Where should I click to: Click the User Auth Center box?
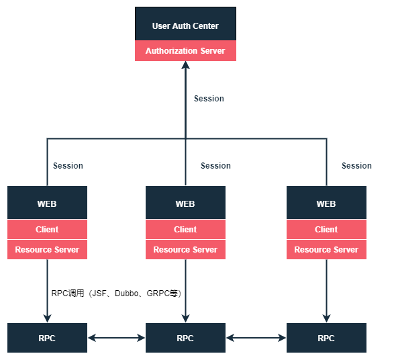[185, 25]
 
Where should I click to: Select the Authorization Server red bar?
[185, 51]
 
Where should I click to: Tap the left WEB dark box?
[47, 203]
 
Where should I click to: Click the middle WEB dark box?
[185, 203]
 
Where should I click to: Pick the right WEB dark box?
[326, 203]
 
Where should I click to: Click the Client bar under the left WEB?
[47, 229]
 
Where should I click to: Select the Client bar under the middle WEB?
[185, 229]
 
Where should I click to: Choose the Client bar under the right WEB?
[326, 229]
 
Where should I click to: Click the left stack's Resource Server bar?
[47, 249]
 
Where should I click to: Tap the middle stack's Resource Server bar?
[185, 249]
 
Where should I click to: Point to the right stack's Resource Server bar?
[326, 249]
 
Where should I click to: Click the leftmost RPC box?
[47, 338]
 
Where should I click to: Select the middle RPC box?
[185, 338]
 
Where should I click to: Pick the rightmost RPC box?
[326, 338]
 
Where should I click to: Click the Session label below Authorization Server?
[209, 99]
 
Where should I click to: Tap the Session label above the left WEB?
[68, 166]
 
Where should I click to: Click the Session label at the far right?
[356, 166]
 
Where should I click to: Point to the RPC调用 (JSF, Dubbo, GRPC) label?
[117, 294]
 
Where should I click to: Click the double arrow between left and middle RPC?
[117, 338]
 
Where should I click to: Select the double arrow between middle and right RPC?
[256, 338]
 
